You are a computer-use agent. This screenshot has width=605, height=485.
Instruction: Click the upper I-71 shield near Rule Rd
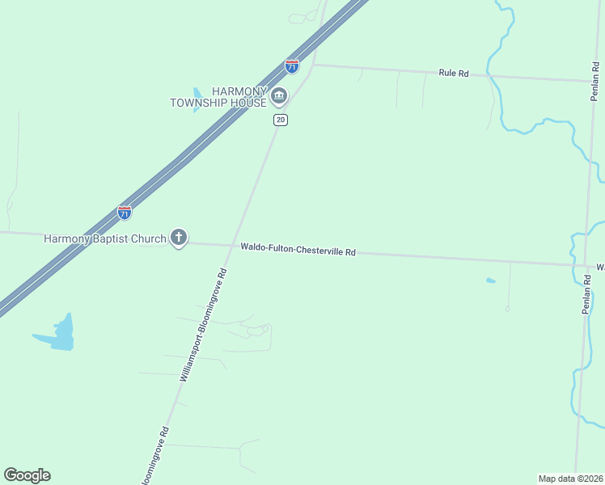pos(292,66)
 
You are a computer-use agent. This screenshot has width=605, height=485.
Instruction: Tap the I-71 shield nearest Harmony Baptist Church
pos(125,213)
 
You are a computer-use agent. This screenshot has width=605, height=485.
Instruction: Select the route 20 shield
pos(280,120)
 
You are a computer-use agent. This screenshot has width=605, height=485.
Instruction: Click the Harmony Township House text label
pos(218,98)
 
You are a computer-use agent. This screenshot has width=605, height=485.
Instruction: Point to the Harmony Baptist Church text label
pos(105,238)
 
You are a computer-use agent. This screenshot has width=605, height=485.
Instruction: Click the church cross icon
pos(179,238)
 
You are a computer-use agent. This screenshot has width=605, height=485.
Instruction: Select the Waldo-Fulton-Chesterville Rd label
pos(298,251)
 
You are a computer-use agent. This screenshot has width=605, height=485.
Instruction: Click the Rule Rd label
pos(454,73)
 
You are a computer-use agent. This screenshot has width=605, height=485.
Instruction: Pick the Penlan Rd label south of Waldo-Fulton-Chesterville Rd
pos(588,295)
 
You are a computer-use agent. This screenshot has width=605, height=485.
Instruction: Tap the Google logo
pos(27,475)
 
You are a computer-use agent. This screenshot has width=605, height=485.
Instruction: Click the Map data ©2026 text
pos(570,479)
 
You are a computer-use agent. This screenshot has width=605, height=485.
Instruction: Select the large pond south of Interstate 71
pos(60,335)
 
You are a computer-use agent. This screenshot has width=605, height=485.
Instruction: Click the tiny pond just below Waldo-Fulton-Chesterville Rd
pos(490,280)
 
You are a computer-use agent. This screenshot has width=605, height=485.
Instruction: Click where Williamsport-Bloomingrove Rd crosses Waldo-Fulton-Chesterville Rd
pos(233,246)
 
